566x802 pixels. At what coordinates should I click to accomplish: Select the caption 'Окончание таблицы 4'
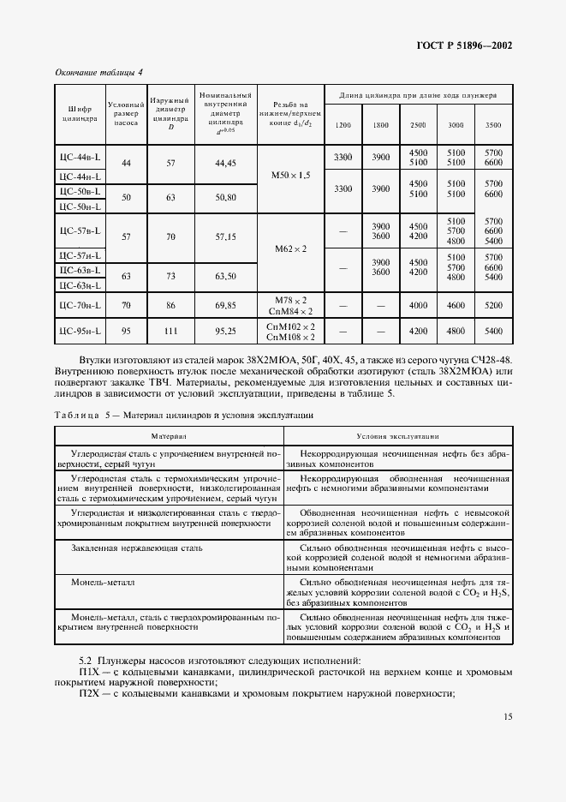[99, 71]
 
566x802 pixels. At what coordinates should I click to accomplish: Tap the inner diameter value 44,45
[225, 162]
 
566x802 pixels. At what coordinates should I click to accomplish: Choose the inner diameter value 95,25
[225, 330]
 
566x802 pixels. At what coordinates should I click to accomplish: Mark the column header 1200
[343, 126]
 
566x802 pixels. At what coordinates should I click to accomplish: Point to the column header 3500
[493, 126]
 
